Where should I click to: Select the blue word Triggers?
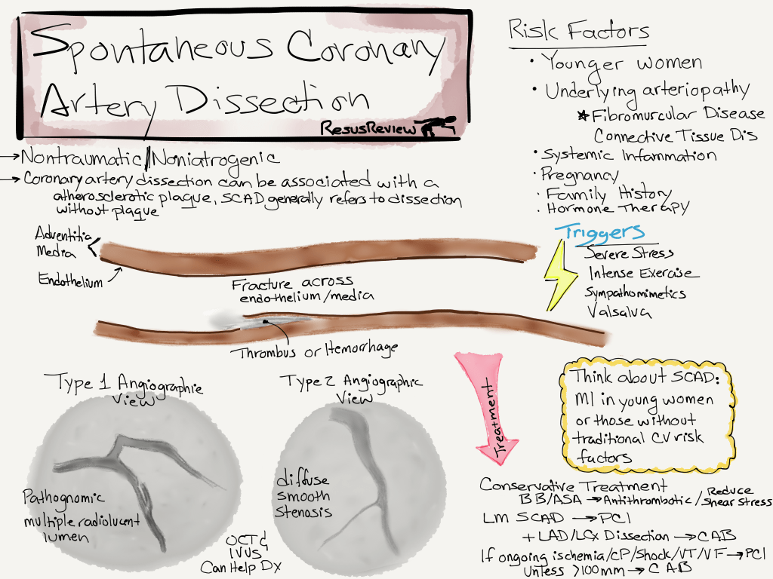pos(600,231)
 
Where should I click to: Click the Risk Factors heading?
pos(578,32)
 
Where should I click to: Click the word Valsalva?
pos(614,311)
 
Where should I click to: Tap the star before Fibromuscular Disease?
pos(583,115)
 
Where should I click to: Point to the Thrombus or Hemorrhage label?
pos(313,350)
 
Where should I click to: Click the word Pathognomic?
pos(62,499)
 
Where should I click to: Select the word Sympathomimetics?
pos(636,293)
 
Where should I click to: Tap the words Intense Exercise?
pos(643,273)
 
